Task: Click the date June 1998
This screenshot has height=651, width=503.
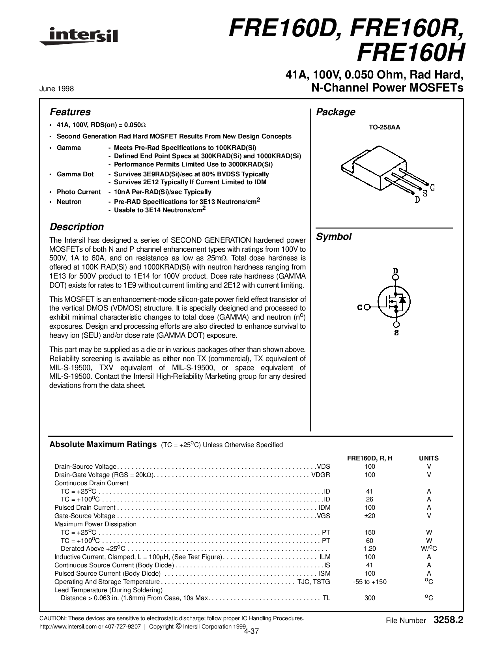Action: (56, 89)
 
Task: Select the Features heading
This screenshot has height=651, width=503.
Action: (70, 112)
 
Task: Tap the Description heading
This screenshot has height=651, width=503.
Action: (77, 227)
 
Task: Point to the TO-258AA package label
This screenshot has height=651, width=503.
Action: (384, 127)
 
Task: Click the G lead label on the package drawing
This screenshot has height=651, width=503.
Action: (432, 187)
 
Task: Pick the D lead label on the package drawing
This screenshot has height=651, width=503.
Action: (417, 200)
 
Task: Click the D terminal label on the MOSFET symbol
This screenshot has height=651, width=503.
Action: (396, 271)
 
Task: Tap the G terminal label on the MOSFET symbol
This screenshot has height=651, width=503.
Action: (359, 307)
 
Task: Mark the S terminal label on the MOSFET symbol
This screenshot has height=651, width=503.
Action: (396, 333)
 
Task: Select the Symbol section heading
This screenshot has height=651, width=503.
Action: (334, 237)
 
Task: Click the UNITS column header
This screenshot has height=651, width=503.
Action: (428, 458)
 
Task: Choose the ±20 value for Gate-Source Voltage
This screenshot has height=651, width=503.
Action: (370, 516)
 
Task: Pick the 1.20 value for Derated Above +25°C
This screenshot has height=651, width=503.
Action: (370, 548)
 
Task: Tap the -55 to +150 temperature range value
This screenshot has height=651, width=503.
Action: (370, 582)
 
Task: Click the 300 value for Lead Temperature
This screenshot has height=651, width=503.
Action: (370, 598)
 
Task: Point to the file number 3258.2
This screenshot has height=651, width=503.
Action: (448, 620)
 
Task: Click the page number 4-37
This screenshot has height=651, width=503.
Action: (251, 631)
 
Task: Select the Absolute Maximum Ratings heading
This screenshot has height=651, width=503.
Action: (103, 445)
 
